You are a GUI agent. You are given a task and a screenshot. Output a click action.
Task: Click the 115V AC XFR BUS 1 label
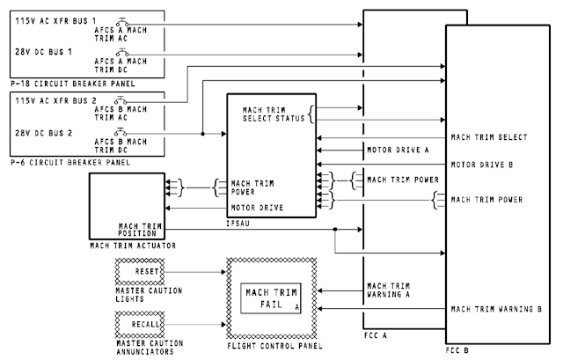click(x=49, y=20)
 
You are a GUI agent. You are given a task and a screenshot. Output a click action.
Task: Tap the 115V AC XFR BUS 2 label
click(x=49, y=100)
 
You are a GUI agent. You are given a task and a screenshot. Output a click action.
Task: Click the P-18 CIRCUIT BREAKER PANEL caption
click(x=64, y=83)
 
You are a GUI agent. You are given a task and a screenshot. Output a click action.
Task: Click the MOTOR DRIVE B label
click(x=482, y=165)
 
